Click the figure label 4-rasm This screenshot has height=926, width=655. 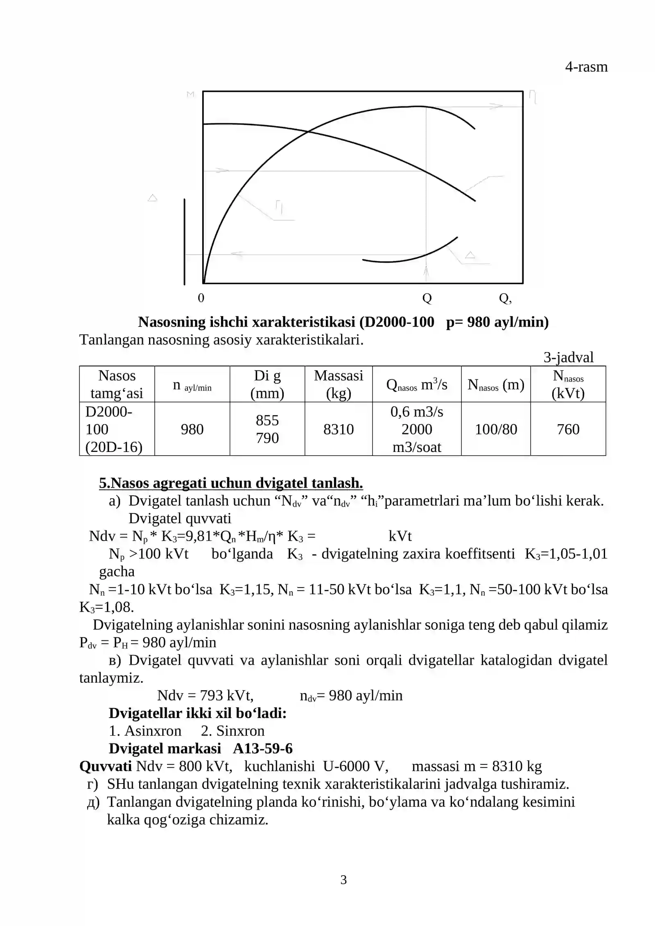click(x=586, y=67)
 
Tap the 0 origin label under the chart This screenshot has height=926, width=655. click(x=201, y=298)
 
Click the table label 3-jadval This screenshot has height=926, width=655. click(x=568, y=357)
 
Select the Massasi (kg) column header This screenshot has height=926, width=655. click(x=338, y=384)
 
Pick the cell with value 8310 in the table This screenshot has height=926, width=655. click(x=338, y=429)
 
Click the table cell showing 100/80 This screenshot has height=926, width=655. click(x=496, y=429)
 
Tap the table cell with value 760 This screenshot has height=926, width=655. click(x=568, y=429)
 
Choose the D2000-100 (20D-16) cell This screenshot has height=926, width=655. click(x=114, y=429)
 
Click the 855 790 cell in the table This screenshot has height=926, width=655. click(x=267, y=429)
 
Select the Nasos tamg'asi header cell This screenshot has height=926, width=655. click(x=117, y=384)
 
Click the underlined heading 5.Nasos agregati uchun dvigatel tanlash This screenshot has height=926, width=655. click(x=231, y=483)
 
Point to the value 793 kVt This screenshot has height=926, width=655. click(x=226, y=695)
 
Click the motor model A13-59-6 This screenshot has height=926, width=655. click(x=263, y=748)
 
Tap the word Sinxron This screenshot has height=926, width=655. click(x=240, y=731)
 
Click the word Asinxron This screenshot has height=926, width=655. click(x=153, y=731)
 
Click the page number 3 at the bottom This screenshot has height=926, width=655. click(x=343, y=880)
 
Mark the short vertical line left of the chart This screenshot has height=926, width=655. click(x=185, y=242)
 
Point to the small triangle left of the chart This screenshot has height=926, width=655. click(x=152, y=198)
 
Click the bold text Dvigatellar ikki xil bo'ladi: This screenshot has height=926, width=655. click(x=197, y=713)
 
